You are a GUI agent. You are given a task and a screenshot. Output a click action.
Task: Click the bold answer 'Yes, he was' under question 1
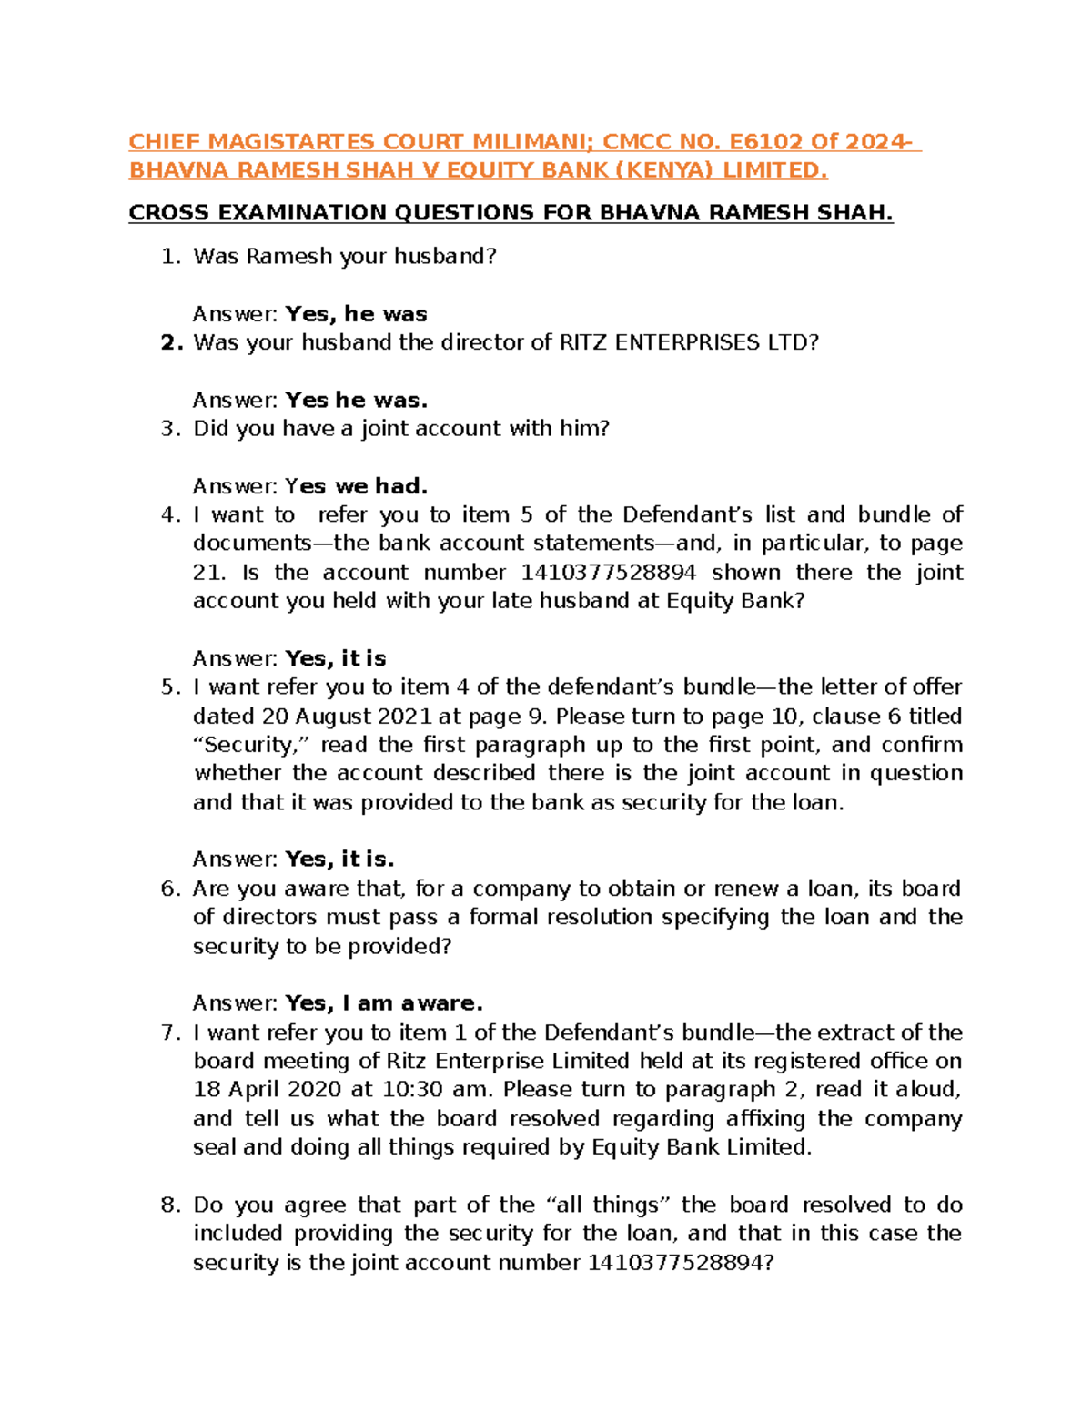coord(356,314)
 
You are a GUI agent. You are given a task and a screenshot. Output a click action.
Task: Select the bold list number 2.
coord(171,343)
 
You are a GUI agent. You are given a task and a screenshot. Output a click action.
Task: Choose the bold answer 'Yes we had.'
coord(356,486)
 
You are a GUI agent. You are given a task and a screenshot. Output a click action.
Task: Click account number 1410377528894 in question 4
coord(608,573)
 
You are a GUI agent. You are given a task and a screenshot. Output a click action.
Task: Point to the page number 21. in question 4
coord(208,573)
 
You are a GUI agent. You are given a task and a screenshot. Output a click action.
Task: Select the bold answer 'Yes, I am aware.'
coord(383,1003)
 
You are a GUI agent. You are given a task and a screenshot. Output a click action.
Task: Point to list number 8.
coord(171,1205)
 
